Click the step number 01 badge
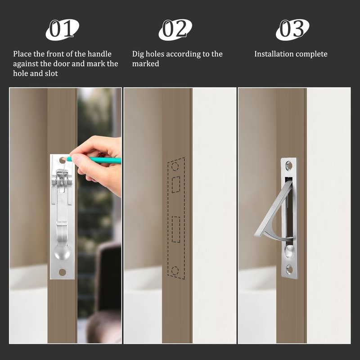[x=62, y=29]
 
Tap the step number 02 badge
[x=175, y=29]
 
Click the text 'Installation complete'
[x=291, y=54]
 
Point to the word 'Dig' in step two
[x=139, y=54]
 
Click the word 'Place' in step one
[x=22, y=54]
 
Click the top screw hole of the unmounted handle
[x=62, y=161]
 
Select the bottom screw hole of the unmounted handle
[x=62, y=272]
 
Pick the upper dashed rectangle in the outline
[x=176, y=184]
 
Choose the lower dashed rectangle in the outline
[x=176, y=229]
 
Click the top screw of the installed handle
[x=289, y=165]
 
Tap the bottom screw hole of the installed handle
[x=289, y=270]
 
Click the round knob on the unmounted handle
[x=63, y=252]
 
